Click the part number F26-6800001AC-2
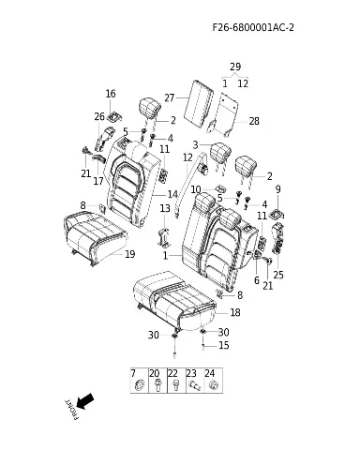coord(253,27)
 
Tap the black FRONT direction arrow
coord(85,401)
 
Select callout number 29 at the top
coord(235,67)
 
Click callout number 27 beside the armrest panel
coord(170,97)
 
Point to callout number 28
coord(254,121)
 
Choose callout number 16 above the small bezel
coord(111,94)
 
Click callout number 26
coord(99,116)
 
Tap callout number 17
coord(98,181)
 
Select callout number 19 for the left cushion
coord(130,254)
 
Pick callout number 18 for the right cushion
coord(235,312)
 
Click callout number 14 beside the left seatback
coord(172,194)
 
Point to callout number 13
coord(165,208)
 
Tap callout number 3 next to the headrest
coord(196,144)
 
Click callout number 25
coord(278,275)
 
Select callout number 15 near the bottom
coord(224,345)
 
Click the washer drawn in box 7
coord(140,384)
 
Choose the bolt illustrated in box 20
coord(158,384)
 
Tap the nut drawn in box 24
coord(213,384)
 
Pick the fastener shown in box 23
coord(195,386)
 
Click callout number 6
coord(257,280)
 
